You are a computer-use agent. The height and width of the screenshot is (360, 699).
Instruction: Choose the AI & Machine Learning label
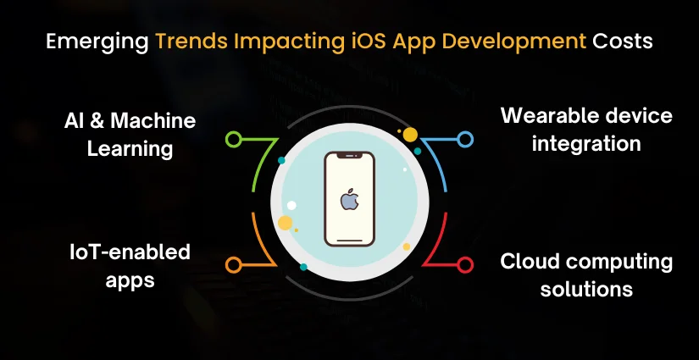point(130,135)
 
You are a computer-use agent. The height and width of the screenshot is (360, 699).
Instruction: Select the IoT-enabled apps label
point(130,265)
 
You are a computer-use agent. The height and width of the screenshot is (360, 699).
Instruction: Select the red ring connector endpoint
point(464,265)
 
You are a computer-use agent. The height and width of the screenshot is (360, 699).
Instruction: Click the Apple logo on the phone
point(348,201)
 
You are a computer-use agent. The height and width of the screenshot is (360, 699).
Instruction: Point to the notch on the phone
point(348,157)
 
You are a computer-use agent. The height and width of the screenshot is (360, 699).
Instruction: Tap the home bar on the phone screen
point(348,240)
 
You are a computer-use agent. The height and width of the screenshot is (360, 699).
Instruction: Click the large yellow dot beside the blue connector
point(410,135)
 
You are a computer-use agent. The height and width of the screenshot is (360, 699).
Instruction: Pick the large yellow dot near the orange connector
point(286,223)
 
